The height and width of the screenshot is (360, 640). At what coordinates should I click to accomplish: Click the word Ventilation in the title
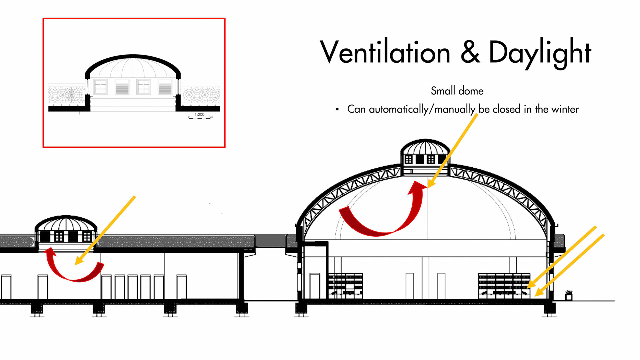[x=385, y=53]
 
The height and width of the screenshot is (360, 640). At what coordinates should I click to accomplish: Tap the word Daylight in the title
[x=540, y=53]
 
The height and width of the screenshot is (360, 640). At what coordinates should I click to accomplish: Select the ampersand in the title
[x=470, y=53]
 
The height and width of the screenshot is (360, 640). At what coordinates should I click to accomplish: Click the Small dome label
[x=457, y=91]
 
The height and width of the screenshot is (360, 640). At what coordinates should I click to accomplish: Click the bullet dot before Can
[x=337, y=109]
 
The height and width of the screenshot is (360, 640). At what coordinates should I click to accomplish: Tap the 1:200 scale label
[x=200, y=114]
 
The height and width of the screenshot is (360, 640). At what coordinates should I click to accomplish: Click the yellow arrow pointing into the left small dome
[x=105, y=230]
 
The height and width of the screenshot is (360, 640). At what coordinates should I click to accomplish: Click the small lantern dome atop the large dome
[x=425, y=153]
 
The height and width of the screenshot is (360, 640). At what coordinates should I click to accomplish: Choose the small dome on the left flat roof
[x=66, y=230]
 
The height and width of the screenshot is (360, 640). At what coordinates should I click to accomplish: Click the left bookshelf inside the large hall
[x=345, y=286]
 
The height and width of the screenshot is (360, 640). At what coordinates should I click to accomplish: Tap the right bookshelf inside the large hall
[x=503, y=286]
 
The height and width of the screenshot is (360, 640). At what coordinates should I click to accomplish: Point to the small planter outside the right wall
[x=569, y=295]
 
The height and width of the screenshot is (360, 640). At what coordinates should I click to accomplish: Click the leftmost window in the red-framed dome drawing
[x=100, y=87]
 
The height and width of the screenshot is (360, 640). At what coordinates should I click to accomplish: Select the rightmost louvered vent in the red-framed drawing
[x=165, y=87]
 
